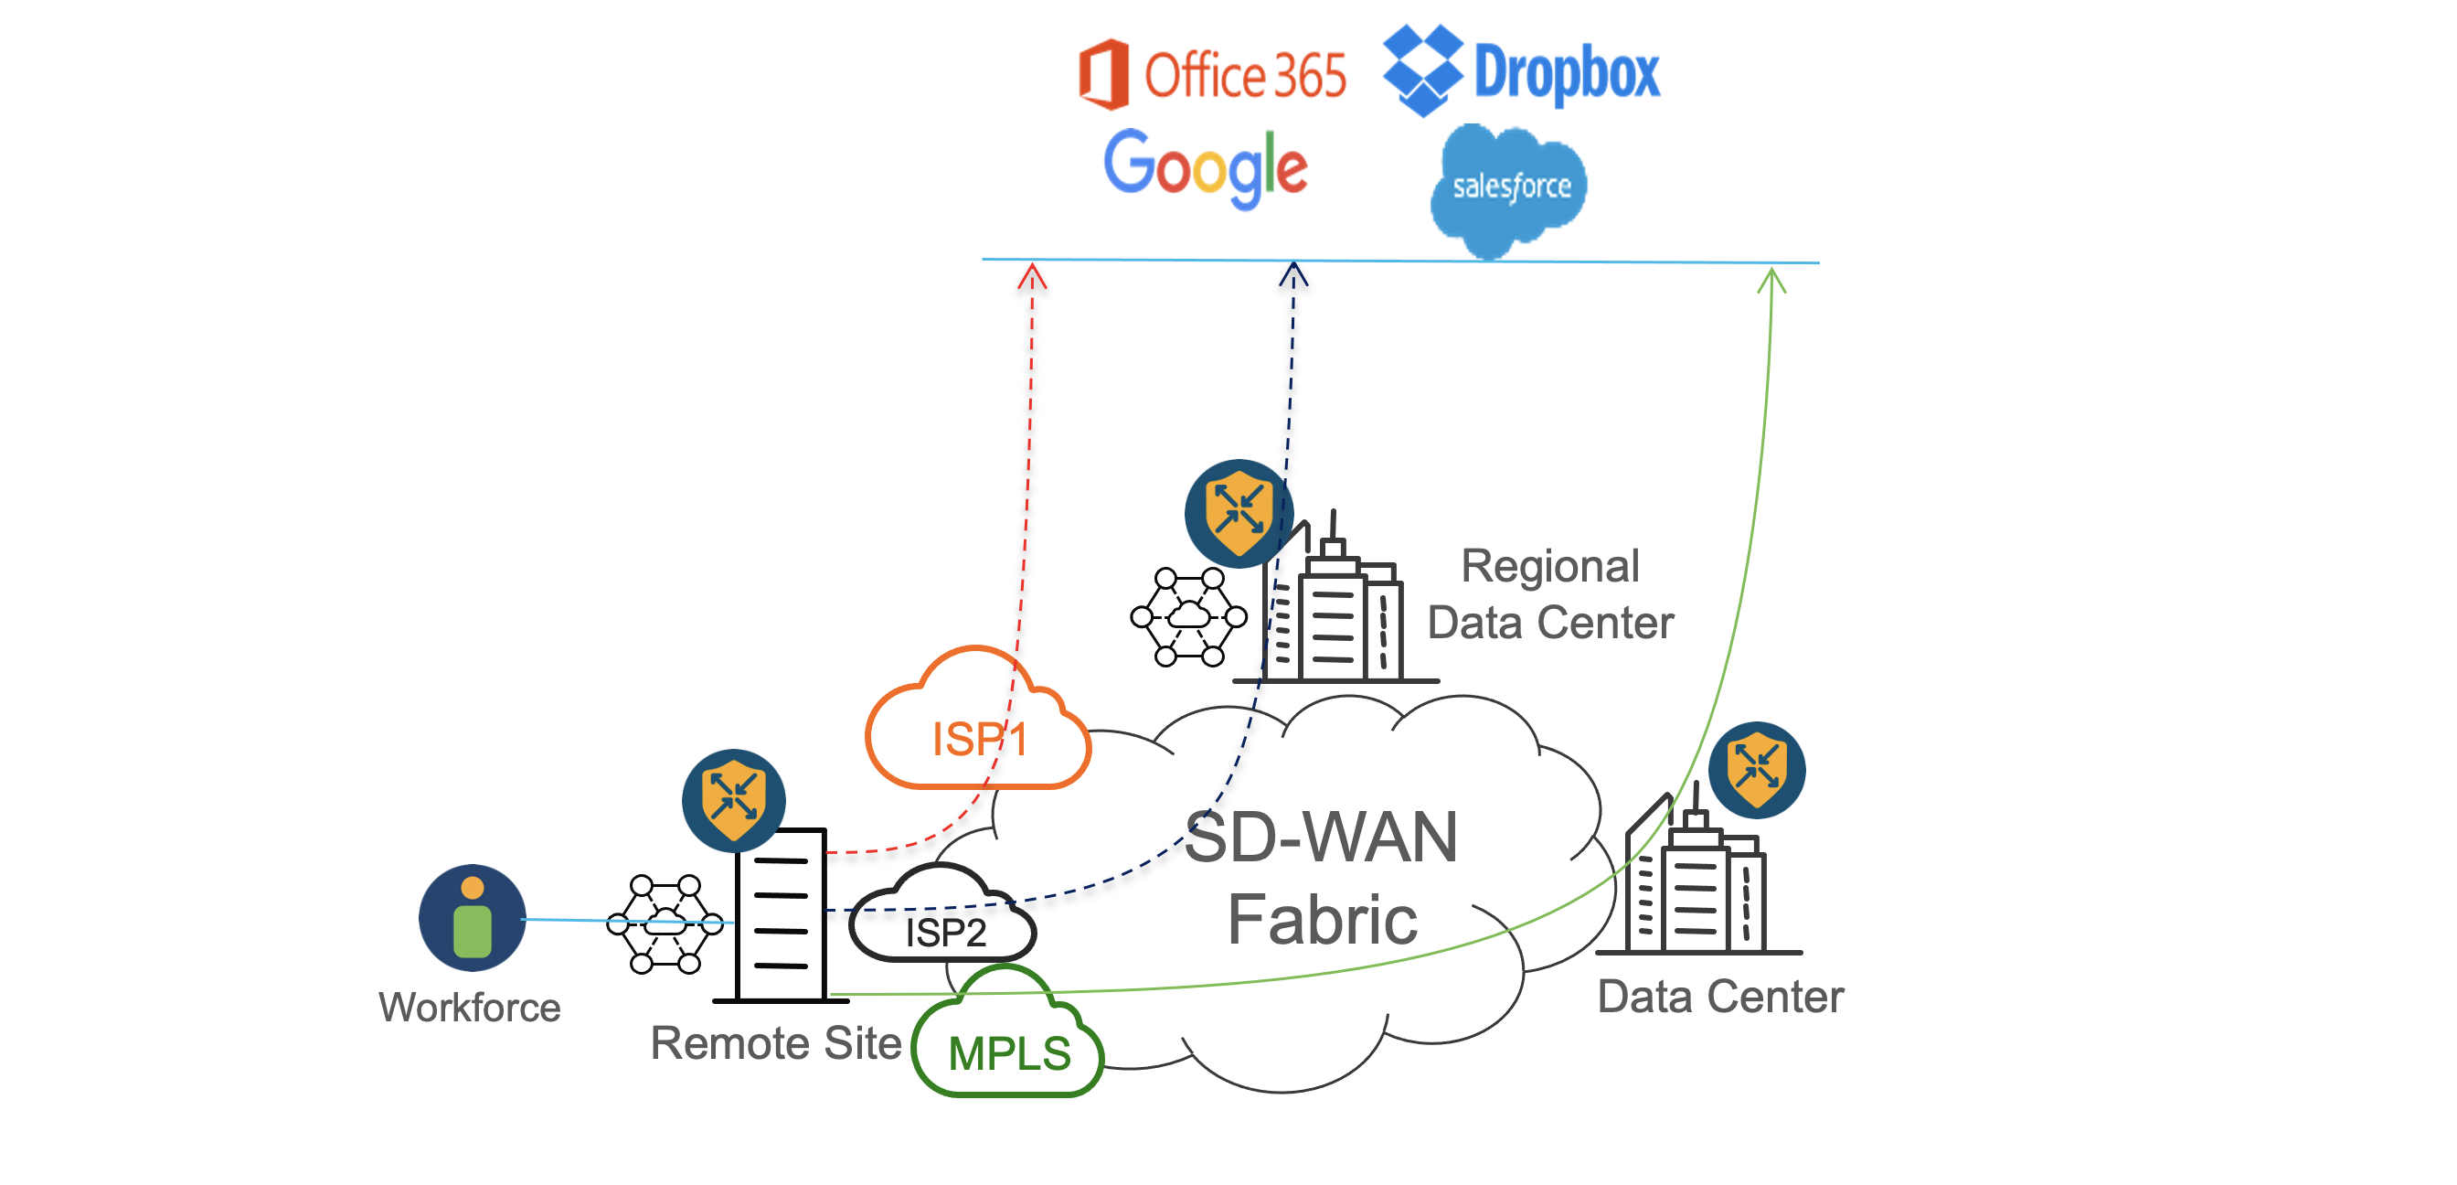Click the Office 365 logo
click(x=1211, y=74)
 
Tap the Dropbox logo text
click(x=1566, y=72)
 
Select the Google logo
click(x=1205, y=168)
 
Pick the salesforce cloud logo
click(x=1510, y=186)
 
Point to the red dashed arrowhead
click(x=1032, y=276)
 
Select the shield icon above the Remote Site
click(x=733, y=799)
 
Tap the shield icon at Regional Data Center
click(x=1238, y=513)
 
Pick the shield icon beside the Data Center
click(x=1756, y=769)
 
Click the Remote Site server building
click(x=782, y=915)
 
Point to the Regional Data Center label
click(x=1550, y=593)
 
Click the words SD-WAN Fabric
click(x=1321, y=878)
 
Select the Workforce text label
click(x=469, y=1008)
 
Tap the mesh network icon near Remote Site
click(x=665, y=923)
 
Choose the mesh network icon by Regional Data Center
click(x=1188, y=616)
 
